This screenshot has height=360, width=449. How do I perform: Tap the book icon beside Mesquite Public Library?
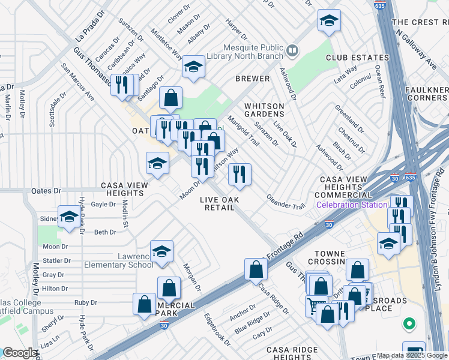[292, 50]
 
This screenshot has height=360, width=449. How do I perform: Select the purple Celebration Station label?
[351, 205]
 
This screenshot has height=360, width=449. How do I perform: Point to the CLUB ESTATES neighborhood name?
[354, 58]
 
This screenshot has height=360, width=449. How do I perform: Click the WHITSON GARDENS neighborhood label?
[264, 110]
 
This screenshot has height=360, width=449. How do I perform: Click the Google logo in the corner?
[19, 353]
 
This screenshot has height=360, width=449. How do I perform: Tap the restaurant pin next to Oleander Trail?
[240, 175]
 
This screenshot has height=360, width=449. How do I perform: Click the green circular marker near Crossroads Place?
[409, 324]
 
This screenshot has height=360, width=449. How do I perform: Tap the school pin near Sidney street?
[69, 217]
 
